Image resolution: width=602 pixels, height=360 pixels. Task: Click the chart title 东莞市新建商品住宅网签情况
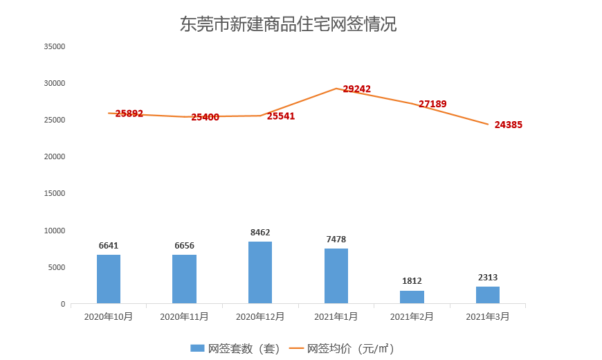coord(288,24)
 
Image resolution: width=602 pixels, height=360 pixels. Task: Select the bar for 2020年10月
coord(109,279)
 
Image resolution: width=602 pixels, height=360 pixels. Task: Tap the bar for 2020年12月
coord(260,272)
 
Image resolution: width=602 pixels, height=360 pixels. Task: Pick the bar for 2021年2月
coord(412,297)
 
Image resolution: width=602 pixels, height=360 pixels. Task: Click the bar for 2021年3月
coord(488,295)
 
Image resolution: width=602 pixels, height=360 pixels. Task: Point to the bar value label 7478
coord(336,240)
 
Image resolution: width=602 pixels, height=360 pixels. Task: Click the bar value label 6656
coord(185,246)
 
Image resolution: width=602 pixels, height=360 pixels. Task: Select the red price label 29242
coord(357,89)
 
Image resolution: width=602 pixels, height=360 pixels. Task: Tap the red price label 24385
coord(509,125)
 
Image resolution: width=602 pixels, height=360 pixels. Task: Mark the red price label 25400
coord(206,117)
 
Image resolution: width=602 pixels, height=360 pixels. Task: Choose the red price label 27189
coord(432,104)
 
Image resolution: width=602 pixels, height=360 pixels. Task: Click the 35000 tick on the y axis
coord(54,46)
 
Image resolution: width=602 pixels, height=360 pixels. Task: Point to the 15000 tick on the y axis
coord(54,193)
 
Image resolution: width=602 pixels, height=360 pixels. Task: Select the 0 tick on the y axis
coord(62,304)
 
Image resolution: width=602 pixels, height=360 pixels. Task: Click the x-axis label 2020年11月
coord(185,316)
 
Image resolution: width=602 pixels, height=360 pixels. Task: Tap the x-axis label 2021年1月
coord(336,316)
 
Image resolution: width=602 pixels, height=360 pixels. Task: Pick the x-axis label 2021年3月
coord(488,316)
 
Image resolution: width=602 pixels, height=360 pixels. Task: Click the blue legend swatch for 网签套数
coord(197,348)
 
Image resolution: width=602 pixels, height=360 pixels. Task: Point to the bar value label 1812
coord(412,281)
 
